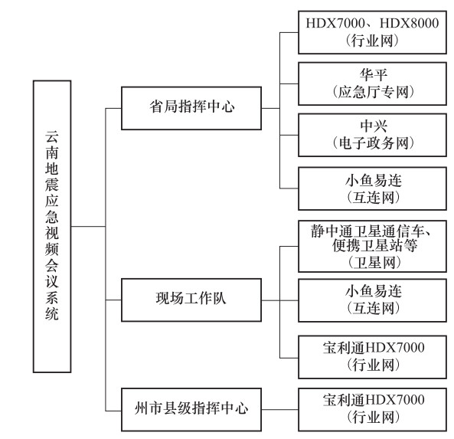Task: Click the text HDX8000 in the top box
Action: pyautogui.click(x=409, y=23)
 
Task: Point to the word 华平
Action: pyautogui.click(x=374, y=75)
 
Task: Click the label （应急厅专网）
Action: pyautogui.click(x=374, y=92)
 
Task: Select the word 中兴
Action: pyautogui.click(x=374, y=126)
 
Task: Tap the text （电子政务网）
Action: pyautogui.click(x=374, y=143)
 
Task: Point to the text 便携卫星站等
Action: pyautogui.click(x=374, y=246)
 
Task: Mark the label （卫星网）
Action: pyautogui.click(x=374, y=263)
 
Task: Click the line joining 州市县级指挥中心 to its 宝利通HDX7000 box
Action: pyautogui.click(x=280, y=409)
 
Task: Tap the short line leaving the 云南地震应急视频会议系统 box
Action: pyautogui.click(x=88, y=226)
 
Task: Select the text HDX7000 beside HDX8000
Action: pyautogui.click(x=335, y=23)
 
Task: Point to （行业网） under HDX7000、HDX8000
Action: pyautogui.click(x=373, y=41)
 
